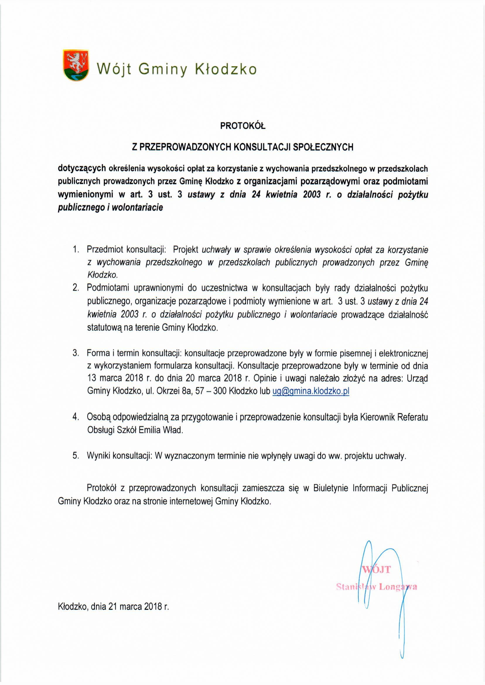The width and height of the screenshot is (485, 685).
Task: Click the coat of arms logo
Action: pyautogui.click(x=76, y=65)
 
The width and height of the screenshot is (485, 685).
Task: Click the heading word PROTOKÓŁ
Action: pyautogui.click(x=243, y=126)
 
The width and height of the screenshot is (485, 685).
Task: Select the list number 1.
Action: pyautogui.click(x=76, y=249)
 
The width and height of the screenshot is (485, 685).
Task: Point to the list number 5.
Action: pyautogui.click(x=76, y=456)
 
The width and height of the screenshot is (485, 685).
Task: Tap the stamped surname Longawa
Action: pyautogui.click(x=398, y=587)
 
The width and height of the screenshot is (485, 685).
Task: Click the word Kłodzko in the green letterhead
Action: pyautogui.click(x=226, y=69)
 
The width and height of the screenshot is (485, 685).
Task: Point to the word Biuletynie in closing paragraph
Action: pyautogui.click(x=331, y=488)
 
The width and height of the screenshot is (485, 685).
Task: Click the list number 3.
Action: pyautogui.click(x=76, y=353)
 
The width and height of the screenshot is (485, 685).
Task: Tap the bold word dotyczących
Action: pyautogui.click(x=82, y=168)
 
